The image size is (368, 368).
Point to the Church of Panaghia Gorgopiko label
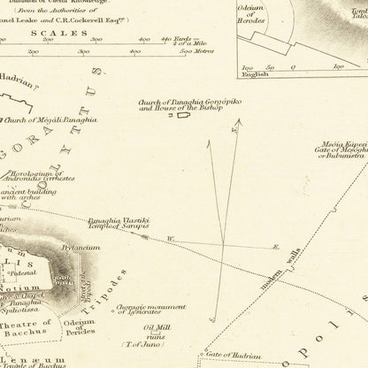point(178,103)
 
